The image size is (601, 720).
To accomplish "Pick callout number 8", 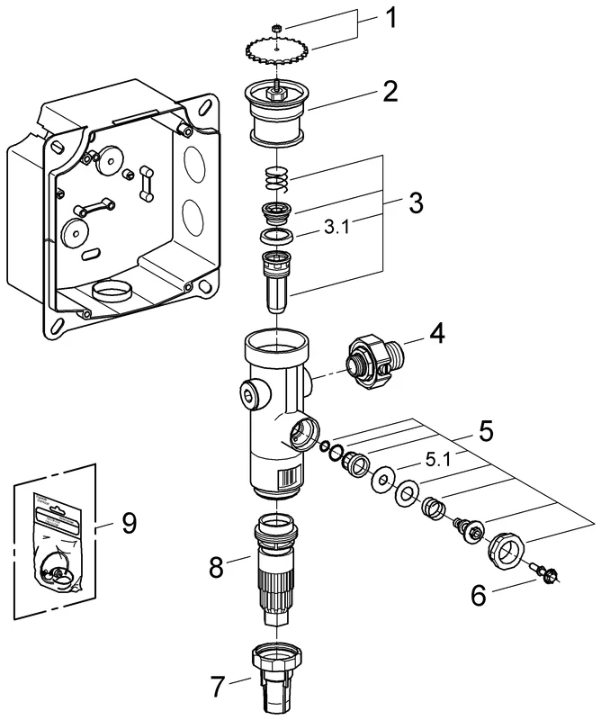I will [217, 567].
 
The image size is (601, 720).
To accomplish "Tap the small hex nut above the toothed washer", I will [279, 29].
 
